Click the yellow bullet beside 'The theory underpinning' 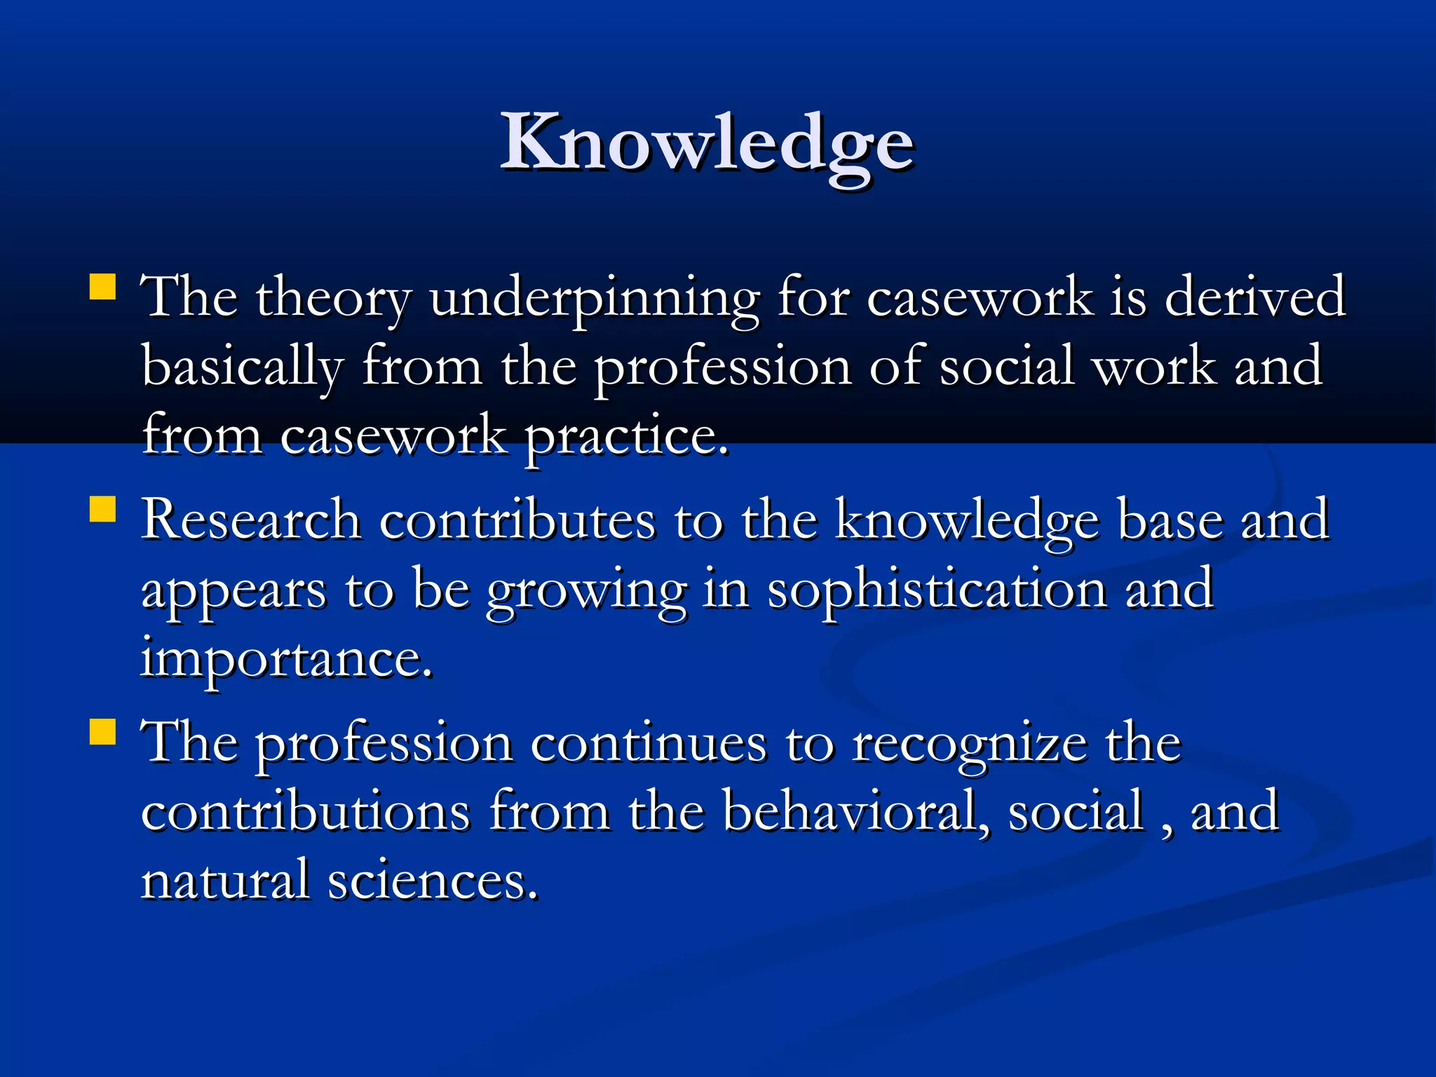103,287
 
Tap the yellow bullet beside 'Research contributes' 103,510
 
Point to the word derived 1254,297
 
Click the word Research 250,520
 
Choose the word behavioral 855,811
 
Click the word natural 224,880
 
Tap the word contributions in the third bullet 305,811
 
